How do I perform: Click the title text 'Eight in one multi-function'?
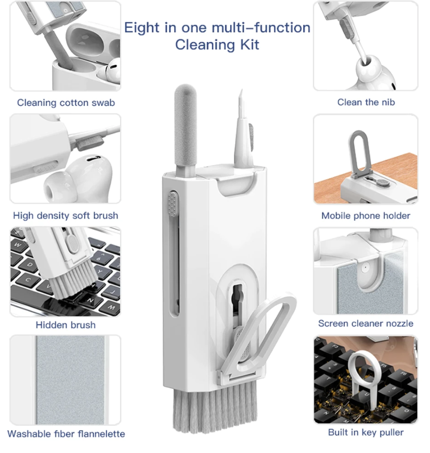coord(217,28)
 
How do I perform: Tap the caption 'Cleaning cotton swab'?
coord(66,102)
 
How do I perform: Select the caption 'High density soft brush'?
coord(65,215)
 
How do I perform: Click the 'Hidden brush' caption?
coord(65,325)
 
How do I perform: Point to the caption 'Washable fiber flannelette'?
coord(66,434)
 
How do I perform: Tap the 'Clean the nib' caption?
coord(366,102)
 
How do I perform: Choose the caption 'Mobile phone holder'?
coord(366,215)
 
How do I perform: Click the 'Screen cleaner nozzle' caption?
coord(366,323)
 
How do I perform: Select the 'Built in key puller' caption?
coord(366,432)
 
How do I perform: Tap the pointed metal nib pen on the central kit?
coord(243,130)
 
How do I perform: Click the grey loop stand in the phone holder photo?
coord(359,153)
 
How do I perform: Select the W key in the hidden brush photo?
coord(18,245)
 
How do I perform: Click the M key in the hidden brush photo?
coord(110,307)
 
